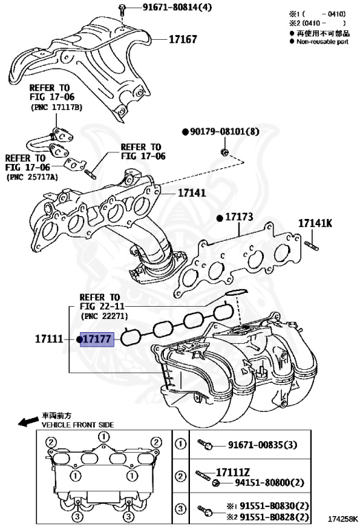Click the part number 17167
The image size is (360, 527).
pos(182,39)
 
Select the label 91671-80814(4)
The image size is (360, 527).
pos(178,7)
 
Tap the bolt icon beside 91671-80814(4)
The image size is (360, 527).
pos(122,9)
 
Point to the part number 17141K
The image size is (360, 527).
pos(315,223)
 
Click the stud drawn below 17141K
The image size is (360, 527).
pos(311,246)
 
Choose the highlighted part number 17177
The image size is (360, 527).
pos(97,339)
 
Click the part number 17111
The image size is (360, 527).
pos(49,339)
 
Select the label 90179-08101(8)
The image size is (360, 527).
pos(224,132)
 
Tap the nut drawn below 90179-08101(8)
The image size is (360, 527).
pos(224,152)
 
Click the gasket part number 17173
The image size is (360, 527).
pos(239,217)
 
